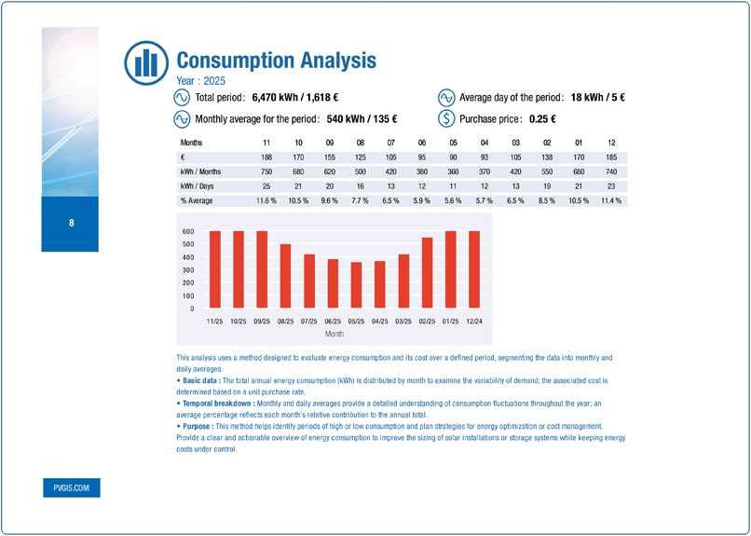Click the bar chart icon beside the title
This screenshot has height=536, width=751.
click(145, 62)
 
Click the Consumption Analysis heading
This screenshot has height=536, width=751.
click(276, 62)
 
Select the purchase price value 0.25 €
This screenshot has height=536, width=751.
click(541, 118)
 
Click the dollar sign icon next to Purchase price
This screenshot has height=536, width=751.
click(446, 118)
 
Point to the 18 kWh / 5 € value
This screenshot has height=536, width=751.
click(584, 97)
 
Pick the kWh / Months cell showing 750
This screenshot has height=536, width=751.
click(267, 172)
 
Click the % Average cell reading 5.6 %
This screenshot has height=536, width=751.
click(454, 201)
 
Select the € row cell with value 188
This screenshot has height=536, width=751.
click(267, 157)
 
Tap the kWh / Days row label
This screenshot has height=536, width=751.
click(198, 186)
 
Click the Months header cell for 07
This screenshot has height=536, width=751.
click(391, 142)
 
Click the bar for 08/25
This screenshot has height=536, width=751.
click(285, 276)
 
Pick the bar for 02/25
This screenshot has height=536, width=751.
click(427, 272)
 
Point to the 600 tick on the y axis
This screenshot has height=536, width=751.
click(188, 231)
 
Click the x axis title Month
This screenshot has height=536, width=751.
click(334, 332)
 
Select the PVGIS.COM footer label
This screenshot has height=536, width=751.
click(71, 488)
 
